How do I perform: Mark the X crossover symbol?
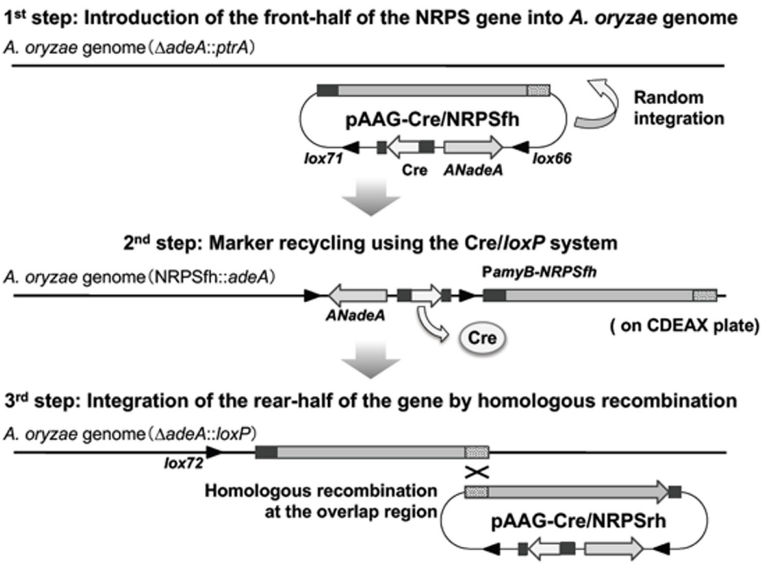click(x=477, y=472)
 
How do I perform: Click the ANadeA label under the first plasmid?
click(x=471, y=170)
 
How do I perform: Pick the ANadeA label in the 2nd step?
click(x=355, y=315)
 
